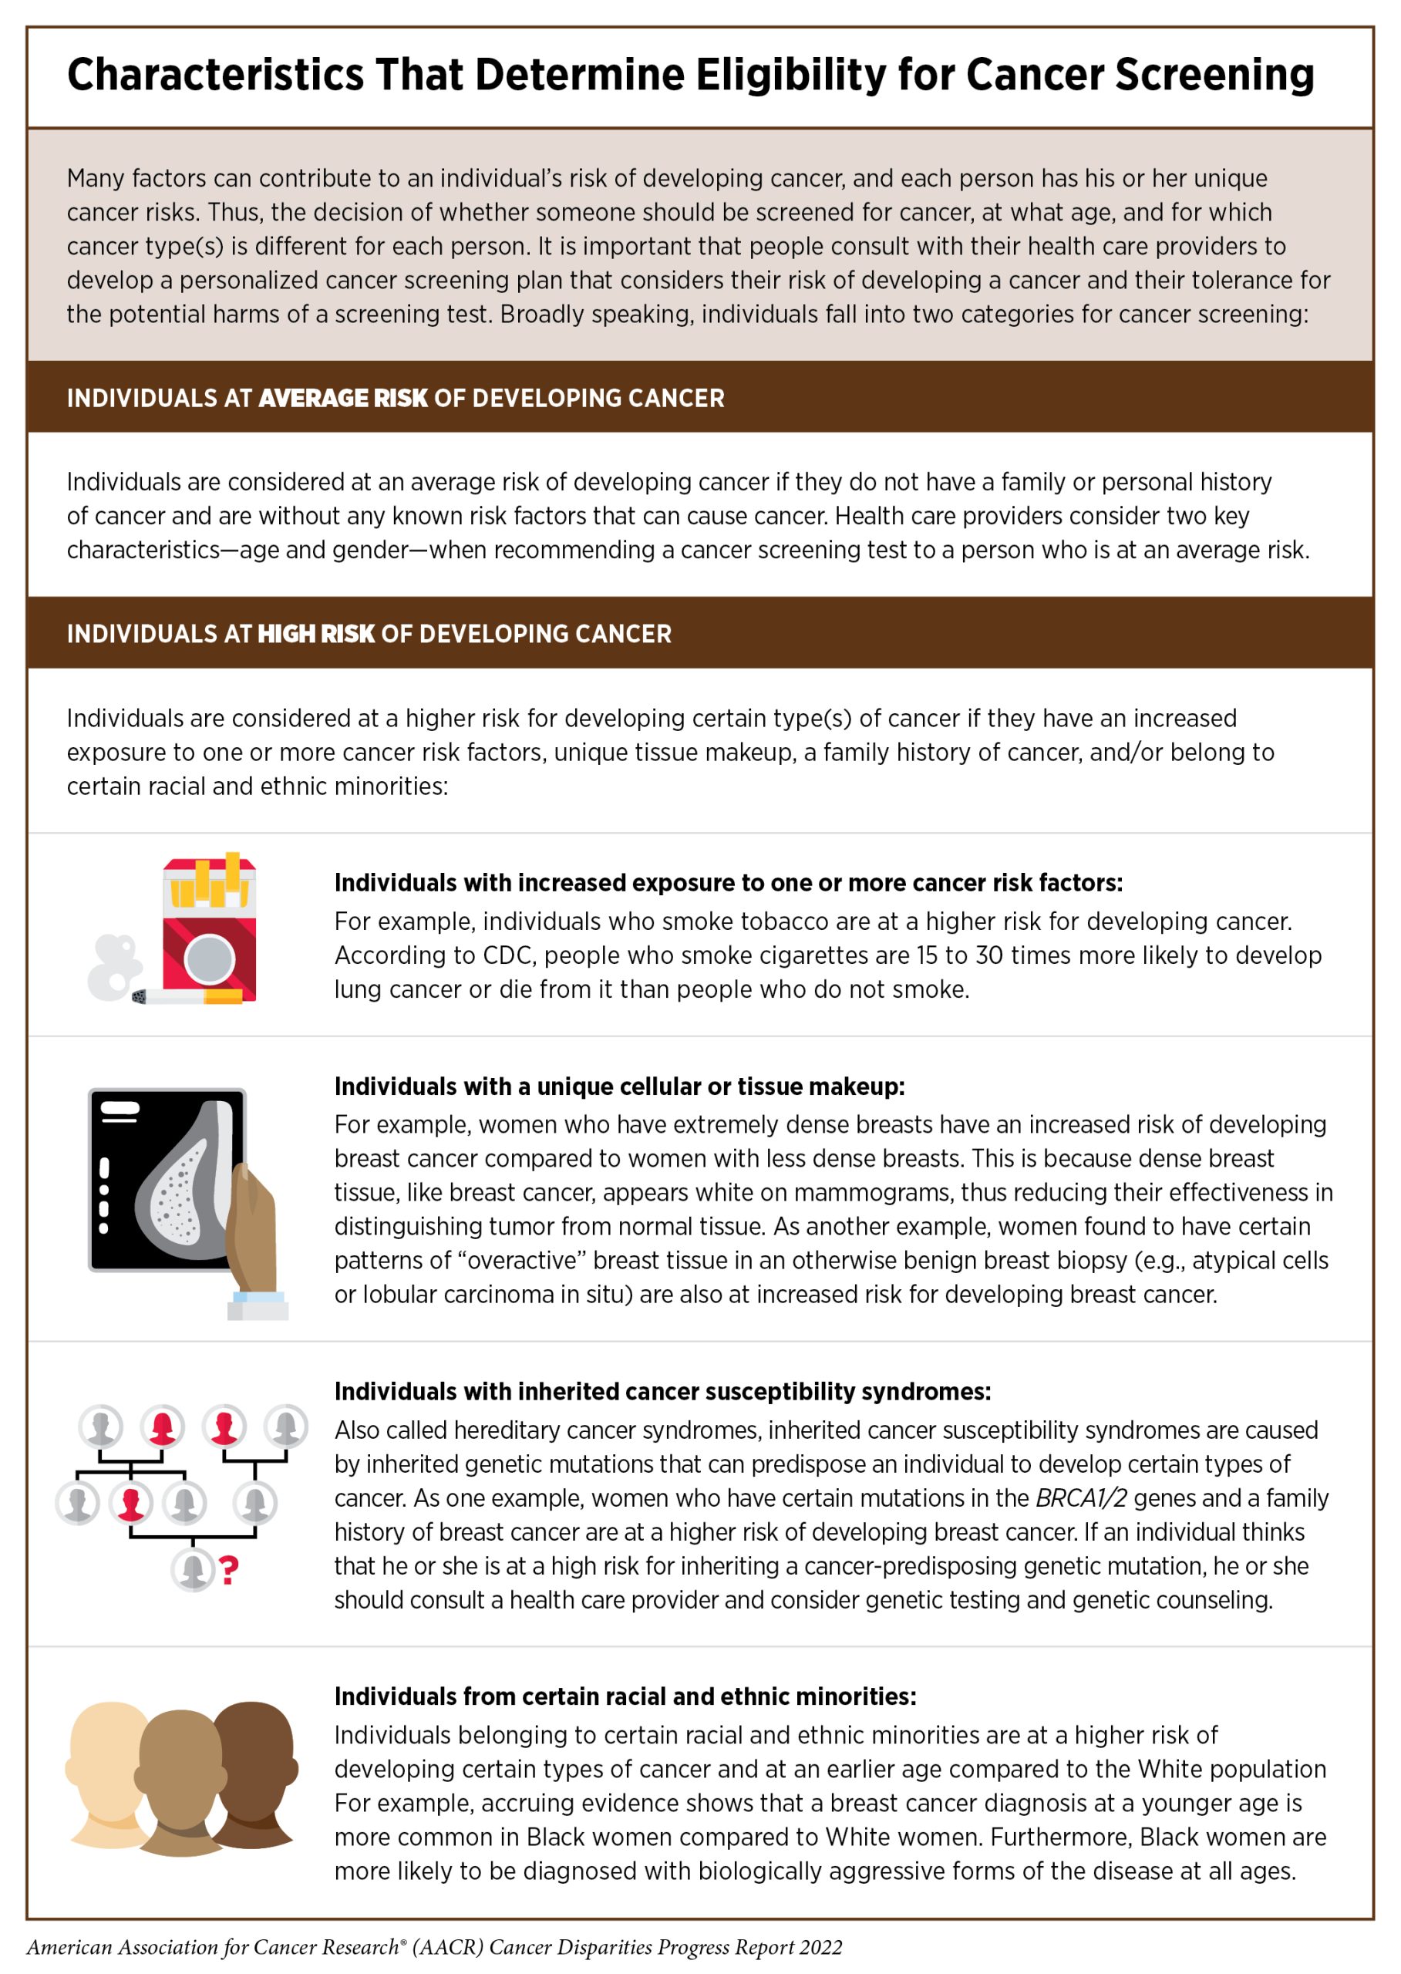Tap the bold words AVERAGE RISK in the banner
click(342, 399)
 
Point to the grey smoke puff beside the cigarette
click(114, 966)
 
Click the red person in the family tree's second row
click(131, 1503)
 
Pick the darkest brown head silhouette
click(254, 1769)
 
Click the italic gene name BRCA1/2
click(1081, 1497)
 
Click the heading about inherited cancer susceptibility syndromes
click(662, 1391)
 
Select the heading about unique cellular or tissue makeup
click(619, 1086)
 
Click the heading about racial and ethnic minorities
click(625, 1696)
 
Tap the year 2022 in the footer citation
click(820, 1947)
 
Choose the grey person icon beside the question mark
click(194, 1568)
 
